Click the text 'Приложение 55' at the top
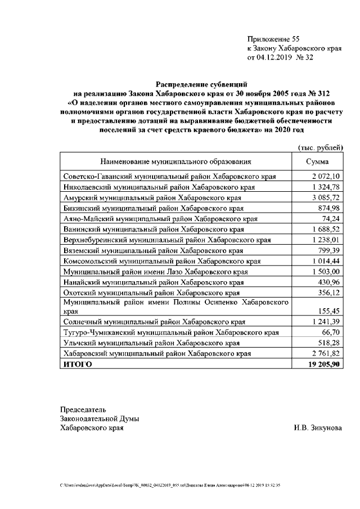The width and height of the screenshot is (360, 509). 273,39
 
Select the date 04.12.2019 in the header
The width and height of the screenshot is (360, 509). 278,57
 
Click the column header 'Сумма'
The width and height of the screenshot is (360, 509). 317,162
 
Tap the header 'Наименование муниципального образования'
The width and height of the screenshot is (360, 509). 175,162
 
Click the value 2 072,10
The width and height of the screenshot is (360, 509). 326,177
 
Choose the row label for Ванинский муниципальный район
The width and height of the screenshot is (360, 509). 154,229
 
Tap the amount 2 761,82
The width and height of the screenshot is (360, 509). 326,353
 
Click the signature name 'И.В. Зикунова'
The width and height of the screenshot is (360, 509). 317,428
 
